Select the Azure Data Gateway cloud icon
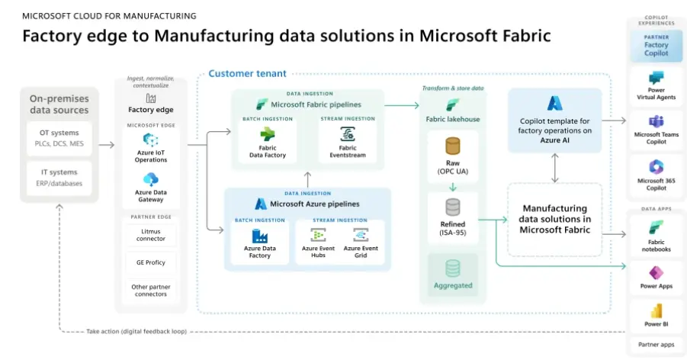150,179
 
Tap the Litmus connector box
150,234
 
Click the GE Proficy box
150,263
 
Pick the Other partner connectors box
150,291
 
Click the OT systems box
59,138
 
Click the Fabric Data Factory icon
268,134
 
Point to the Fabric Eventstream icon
347,134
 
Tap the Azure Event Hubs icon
318,234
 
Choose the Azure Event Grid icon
361,234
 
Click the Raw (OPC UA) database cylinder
453,146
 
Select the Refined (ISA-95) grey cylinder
453,207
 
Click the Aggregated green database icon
453,268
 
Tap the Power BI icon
656,311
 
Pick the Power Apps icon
656,273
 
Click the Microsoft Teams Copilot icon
656,122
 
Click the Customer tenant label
248,73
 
